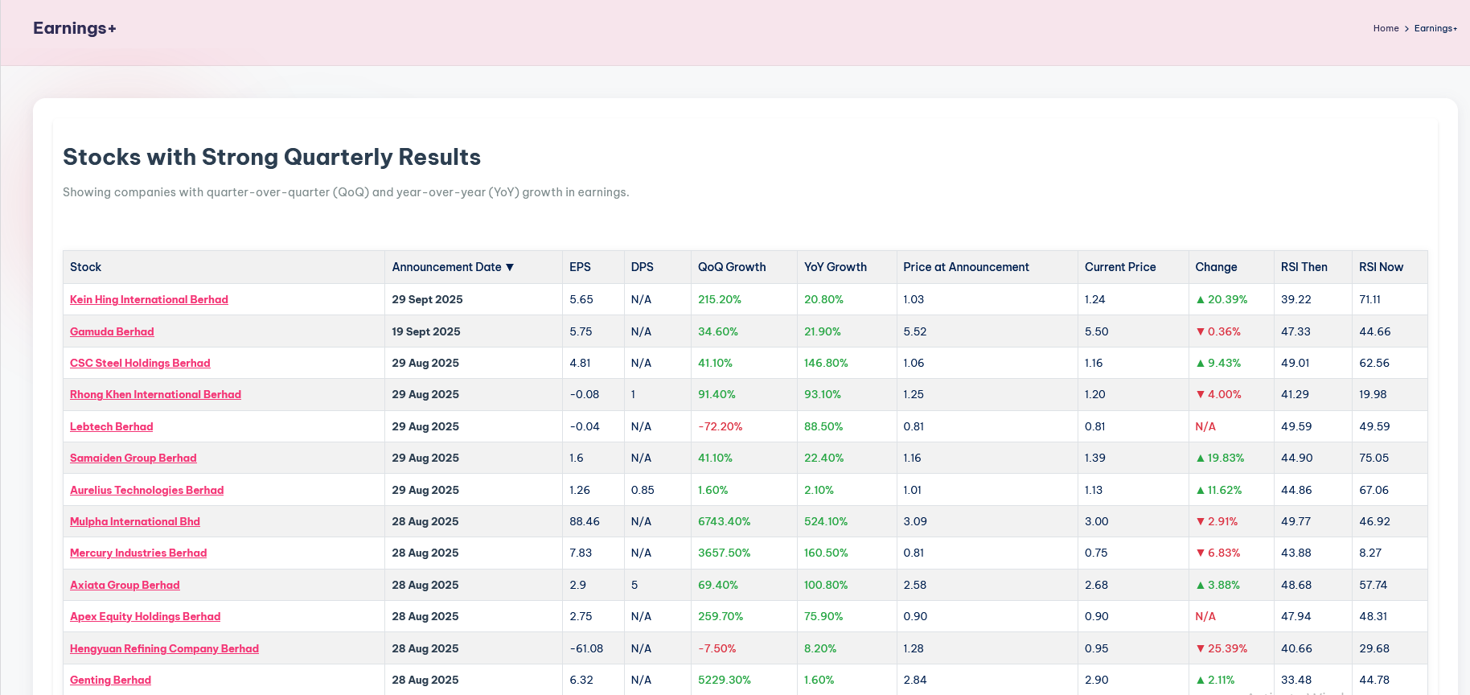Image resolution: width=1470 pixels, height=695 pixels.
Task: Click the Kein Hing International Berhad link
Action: point(149,299)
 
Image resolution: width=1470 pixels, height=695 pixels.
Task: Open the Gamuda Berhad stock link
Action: point(112,331)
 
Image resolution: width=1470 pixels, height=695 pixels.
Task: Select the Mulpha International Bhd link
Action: point(135,521)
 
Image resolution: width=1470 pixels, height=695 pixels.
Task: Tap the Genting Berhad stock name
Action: point(110,680)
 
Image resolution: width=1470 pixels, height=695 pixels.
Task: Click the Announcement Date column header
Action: point(446,267)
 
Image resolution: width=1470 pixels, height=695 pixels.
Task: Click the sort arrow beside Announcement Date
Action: point(510,267)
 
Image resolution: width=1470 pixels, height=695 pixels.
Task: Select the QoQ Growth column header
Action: point(732,267)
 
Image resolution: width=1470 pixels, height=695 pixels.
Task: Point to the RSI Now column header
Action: point(1381,267)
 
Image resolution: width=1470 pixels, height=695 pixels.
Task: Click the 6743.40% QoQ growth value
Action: point(724,521)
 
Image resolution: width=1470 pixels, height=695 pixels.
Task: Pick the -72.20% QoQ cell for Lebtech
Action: point(720,426)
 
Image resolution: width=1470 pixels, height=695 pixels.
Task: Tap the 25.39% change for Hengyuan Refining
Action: point(1222,648)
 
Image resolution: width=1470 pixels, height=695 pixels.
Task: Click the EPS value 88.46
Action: point(585,521)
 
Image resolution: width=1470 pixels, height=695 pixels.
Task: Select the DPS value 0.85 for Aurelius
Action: point(643,490)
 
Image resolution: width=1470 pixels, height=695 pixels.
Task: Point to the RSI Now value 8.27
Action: point(1370,553)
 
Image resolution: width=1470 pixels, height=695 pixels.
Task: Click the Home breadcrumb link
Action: point(1386,28)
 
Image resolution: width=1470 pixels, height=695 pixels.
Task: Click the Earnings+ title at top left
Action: point(75,28)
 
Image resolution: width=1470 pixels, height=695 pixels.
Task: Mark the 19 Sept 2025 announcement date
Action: point(426,331)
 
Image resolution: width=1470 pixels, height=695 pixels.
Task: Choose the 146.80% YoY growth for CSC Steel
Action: point(826,363)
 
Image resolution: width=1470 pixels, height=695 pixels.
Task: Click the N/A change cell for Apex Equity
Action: point(1205,616)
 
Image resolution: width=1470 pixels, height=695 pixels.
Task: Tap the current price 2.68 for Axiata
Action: point(1096,585)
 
